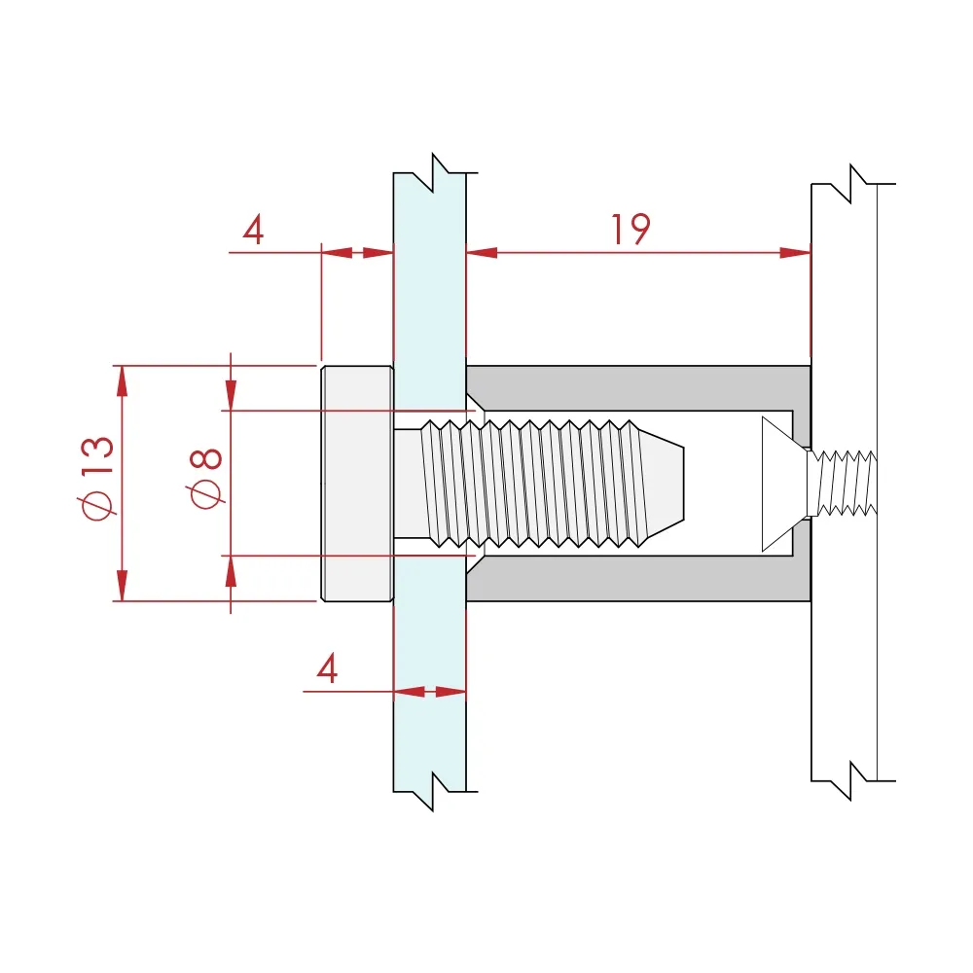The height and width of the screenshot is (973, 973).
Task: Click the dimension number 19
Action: pos(631,230)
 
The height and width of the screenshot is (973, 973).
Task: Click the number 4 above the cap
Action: pos(253,231)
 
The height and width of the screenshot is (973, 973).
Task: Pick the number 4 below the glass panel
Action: pos(327,668)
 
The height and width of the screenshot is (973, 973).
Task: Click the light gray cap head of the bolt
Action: pos(357,484)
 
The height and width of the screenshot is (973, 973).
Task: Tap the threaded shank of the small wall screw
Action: pos(843,484)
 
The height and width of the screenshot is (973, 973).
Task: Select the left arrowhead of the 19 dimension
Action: pos(482,253)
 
